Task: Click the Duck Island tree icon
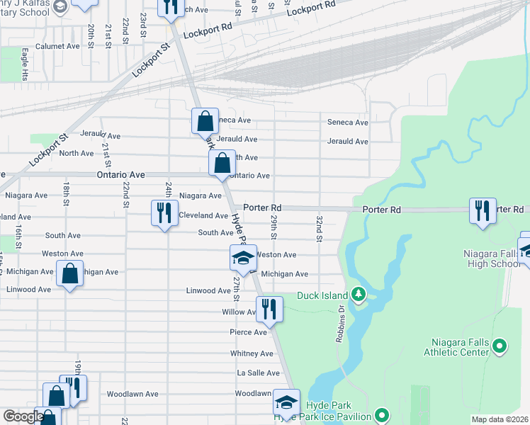pos(359,295)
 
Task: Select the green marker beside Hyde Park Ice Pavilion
pos(382,415)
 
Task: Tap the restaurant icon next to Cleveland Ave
pos(164,212)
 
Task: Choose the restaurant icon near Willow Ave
pos(269,309)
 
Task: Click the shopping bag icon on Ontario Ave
pos(222,163)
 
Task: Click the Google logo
pos(23,416)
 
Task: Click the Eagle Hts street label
pos(24,64)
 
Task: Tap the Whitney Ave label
pos(252,353)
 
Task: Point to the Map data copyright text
pos(500,419)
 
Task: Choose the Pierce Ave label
pos(248,331)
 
